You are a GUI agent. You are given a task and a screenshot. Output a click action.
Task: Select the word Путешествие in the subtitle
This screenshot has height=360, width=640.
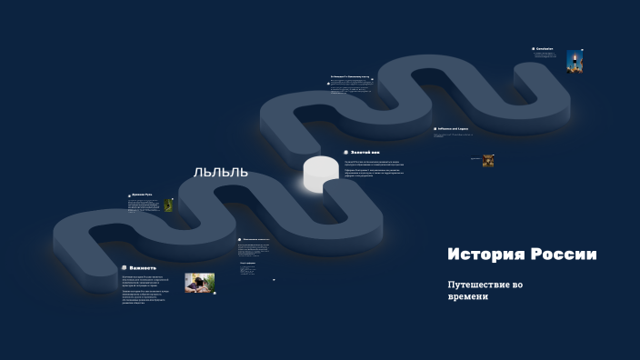tap(479, 285)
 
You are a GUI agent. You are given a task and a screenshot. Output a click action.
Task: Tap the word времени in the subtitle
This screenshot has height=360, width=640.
tap(467, 297)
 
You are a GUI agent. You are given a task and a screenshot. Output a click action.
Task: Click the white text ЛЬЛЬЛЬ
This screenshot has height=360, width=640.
tap(220, 172)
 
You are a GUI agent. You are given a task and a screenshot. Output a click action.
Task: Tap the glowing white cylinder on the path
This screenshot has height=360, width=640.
tap(319, 173)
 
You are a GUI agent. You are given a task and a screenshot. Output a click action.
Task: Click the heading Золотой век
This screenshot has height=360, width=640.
tap(365, 152)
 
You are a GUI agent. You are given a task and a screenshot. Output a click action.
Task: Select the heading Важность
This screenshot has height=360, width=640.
tap(145, 267)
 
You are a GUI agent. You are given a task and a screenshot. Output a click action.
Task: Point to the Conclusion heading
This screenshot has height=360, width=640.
tap(545, 48)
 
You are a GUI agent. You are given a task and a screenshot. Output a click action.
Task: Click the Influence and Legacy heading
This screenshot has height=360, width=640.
tap(456, 129)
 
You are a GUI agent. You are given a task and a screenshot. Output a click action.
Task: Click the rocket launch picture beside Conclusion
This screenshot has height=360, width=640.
tap(575, 61)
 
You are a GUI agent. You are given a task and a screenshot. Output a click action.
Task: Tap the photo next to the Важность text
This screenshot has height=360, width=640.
tap(199, 283)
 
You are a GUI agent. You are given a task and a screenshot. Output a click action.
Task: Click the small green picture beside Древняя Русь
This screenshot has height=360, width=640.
tap(168, 205)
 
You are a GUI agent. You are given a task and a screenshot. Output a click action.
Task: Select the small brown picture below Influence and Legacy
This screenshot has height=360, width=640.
tap(488, 160)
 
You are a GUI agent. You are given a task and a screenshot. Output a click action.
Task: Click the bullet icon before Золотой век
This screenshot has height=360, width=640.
tap(345, 152)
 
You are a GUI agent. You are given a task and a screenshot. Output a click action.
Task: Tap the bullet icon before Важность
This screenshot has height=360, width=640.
tap(124, 267)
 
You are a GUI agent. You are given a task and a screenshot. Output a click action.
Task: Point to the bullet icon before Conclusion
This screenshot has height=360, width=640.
tap(534, 48)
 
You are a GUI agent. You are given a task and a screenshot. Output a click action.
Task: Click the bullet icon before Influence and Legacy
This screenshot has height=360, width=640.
tap(435, 129)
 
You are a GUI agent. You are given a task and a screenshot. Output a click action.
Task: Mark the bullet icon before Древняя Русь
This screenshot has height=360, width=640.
tap(130, 195)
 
